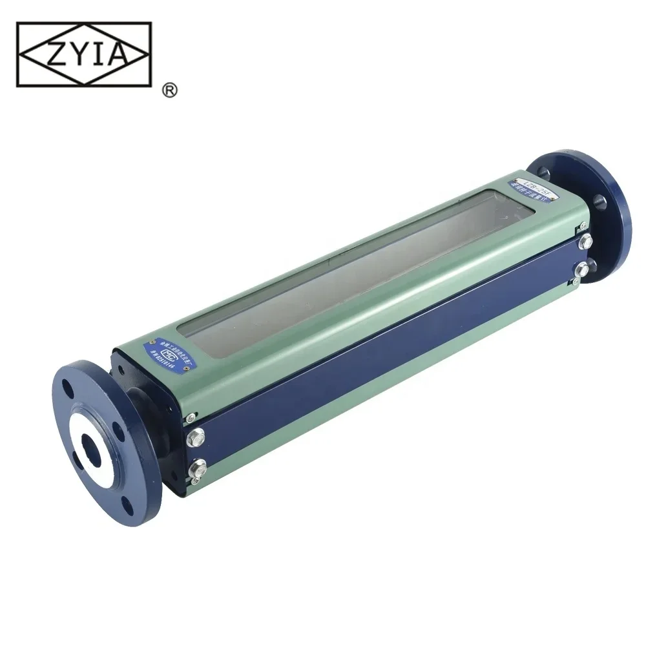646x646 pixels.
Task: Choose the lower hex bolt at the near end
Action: (x=198, y=469)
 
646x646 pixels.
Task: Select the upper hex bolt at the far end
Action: (x=587, y=241)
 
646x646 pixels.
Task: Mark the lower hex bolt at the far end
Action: (x=582, y=269)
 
